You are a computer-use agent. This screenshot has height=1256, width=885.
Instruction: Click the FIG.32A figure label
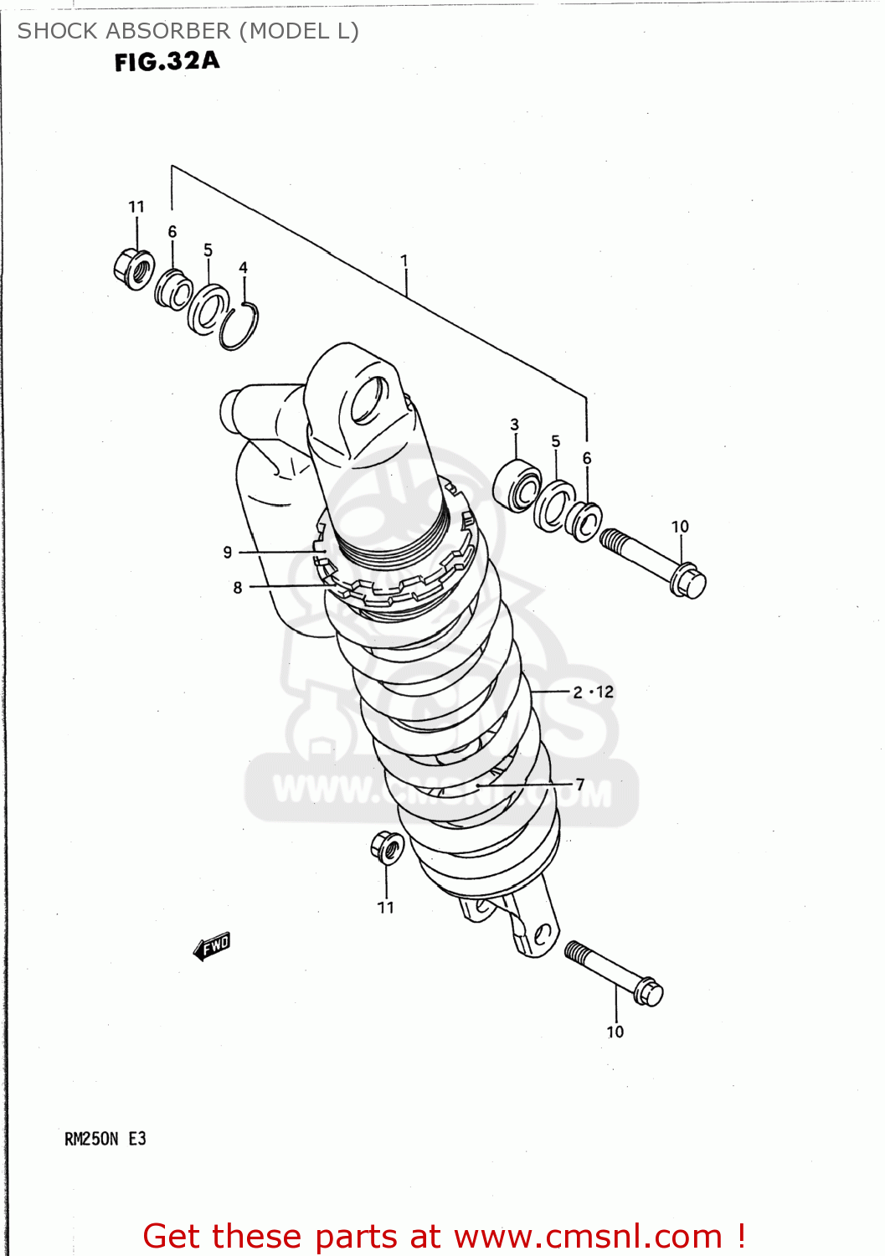tap(167, 61)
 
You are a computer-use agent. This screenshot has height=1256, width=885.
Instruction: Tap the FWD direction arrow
tap(212, 946)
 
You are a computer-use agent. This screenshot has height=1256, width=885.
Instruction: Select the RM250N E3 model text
tap(105, 1139)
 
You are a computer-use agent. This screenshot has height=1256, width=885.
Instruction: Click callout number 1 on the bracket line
tap(404, 261)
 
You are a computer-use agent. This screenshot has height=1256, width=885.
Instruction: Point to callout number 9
tap(228, 553)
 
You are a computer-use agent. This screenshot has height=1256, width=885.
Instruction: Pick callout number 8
tap(238, 588)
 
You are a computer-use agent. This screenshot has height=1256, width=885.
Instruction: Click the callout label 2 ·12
tap(593, 692)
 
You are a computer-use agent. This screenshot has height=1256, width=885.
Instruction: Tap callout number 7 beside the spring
tap(579, 785)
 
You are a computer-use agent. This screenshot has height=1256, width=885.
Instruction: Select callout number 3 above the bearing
tap(514, 425)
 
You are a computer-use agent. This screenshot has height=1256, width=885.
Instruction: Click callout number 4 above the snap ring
tap(243, 268)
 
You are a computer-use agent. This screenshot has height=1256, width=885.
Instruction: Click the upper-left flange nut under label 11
tap(134, 269)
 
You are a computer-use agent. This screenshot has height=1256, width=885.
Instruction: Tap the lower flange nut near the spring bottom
tap(387, 847)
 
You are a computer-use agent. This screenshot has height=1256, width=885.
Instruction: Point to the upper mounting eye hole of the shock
tap(368, 399)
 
